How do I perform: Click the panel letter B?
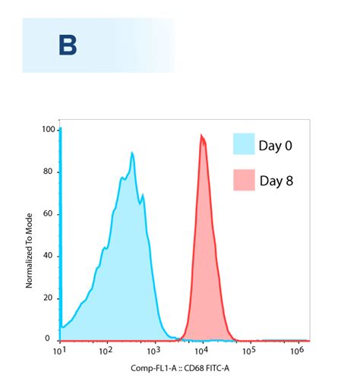(68, 46)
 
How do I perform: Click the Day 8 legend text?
(277, 181)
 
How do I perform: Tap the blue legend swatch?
(243, 144)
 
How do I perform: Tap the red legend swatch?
(243, 181)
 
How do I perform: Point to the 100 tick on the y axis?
(48, 130)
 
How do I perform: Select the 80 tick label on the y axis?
(50, 172)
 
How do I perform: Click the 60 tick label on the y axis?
(50, 213)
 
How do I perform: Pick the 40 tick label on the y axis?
(50, 255)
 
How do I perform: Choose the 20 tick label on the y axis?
(50, 297)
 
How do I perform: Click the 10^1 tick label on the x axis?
(58, 351)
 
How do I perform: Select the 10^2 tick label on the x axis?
(106, 351)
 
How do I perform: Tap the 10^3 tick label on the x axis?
(154, 351)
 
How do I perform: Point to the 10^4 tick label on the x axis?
(201, 351)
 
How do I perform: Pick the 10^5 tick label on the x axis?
(249, 351)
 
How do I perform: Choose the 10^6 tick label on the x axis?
(297, 351)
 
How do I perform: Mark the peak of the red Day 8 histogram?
(202, 136)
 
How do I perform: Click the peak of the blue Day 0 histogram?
(132, 153)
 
